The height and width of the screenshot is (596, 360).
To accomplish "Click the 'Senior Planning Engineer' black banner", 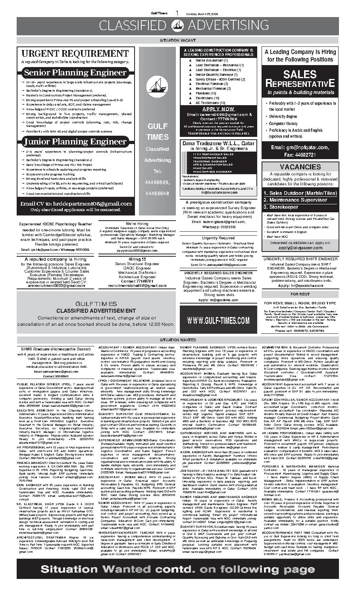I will tap(75, 73).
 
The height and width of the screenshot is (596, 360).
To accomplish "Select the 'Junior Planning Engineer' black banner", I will tap(75, 142).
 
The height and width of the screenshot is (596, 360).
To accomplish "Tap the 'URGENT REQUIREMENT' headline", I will tap(75, 54).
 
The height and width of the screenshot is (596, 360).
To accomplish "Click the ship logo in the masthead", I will tap(179, 25).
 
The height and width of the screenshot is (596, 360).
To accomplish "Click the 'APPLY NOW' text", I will tap(218, 109).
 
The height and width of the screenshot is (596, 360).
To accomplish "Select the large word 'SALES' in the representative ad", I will tap(300, 74).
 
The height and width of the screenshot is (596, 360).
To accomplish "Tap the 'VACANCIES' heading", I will tap(300, 167).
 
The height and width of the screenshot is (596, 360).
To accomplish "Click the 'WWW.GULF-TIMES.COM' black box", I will tap(218, 320).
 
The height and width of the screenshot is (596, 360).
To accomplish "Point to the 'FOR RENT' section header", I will tap(300, 294).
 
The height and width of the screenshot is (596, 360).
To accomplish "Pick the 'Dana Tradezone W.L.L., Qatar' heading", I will tap(218, 143).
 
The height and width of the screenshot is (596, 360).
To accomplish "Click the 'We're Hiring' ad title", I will tap(137, 224).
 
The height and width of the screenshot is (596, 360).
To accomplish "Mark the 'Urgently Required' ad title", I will tap(218, 238).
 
